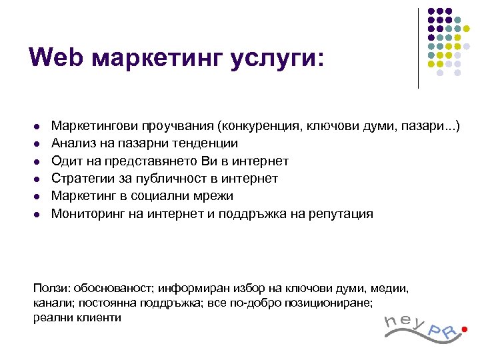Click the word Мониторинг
click(85, 214)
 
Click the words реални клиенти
click(77, 317)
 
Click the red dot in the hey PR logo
click(464, 328)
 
